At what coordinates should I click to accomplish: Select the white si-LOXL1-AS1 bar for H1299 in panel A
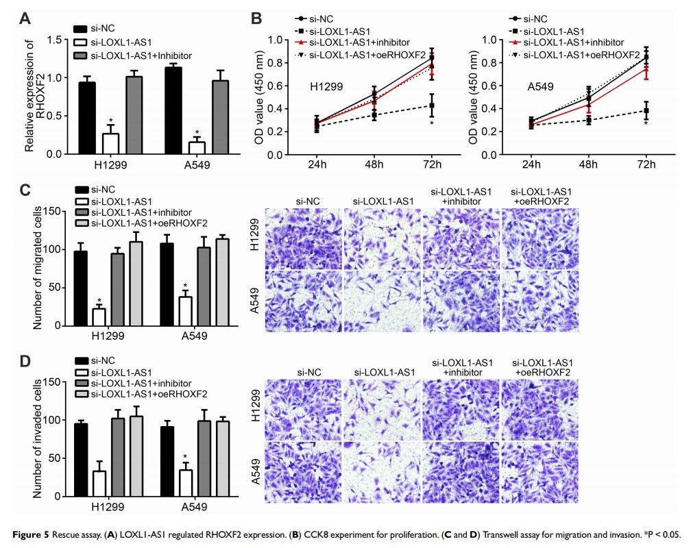click(110, 144)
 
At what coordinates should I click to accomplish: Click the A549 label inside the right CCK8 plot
click(541, 87)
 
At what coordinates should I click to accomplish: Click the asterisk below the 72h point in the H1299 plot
click(432, 123)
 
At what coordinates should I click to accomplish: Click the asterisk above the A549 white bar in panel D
click(184, 456)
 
